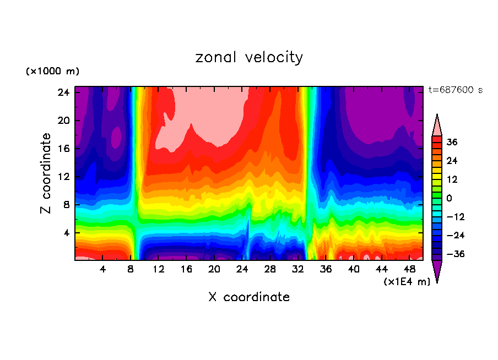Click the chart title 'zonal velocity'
(249, 57)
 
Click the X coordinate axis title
(249, 297)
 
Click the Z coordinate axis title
(46, 173)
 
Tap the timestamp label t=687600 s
(455, 90)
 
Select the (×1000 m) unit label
(52, 72)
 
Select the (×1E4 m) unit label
(407, 282)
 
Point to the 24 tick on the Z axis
(64, 92)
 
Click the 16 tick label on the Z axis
(64, 149)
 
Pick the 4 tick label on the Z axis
(67, 233)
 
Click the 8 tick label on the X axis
(131, 269)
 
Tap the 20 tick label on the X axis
(214, 269)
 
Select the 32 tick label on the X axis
(298, 269)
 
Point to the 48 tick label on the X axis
(409, 269)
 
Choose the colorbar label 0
(450, 198)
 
